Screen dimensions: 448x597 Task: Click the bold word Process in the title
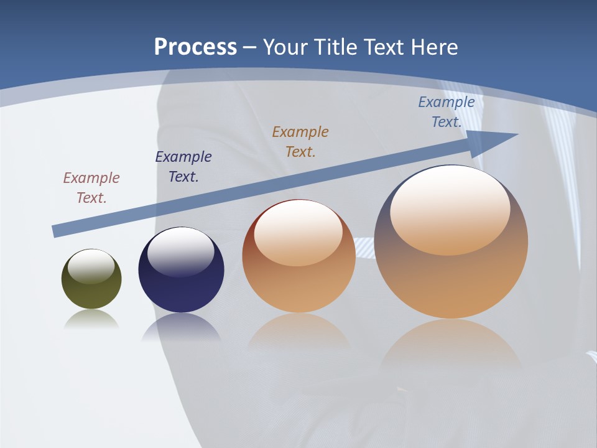pyautogui.click(x=195, y=47)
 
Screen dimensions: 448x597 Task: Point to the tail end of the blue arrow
pyautogui.click(x=56, y=231)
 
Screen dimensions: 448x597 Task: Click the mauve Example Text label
pyautogui.click(x=91, y=187)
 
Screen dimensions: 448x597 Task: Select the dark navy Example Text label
pyautogui.click(x=183, y=166)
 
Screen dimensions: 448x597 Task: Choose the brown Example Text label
pyautogui.click(x=300, y=141)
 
